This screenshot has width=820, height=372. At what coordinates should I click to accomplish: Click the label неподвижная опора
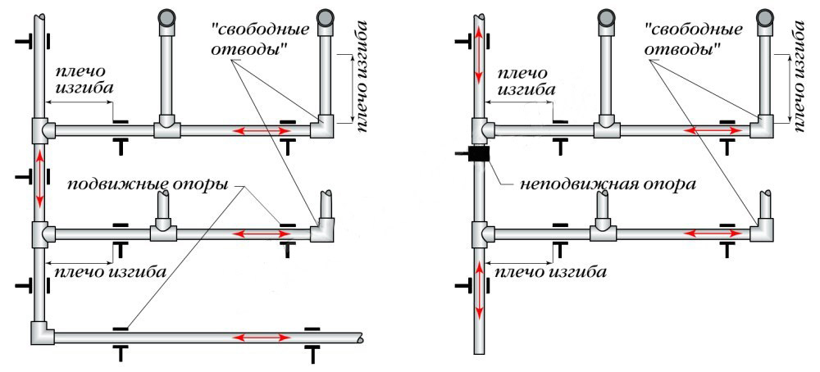(608, 185)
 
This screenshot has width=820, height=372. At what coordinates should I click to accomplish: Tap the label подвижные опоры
(149, 185)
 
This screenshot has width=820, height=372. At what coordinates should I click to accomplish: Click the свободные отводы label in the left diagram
(262, 39)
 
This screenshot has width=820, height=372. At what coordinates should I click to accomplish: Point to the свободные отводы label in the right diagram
(694, 39)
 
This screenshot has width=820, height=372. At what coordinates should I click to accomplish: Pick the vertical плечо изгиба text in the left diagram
(362, 77)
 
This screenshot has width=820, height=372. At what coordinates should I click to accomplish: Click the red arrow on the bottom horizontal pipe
(262, 338)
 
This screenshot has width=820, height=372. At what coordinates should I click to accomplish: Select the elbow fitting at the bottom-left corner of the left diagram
(42, 333)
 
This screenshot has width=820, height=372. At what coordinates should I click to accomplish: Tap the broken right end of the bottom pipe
(360, 338)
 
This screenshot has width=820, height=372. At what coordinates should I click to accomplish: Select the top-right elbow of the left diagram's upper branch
(322, 126)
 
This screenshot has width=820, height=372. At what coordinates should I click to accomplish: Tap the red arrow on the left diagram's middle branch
(262, 233)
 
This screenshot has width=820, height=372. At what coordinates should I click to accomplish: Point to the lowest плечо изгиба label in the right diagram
(550, 272)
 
